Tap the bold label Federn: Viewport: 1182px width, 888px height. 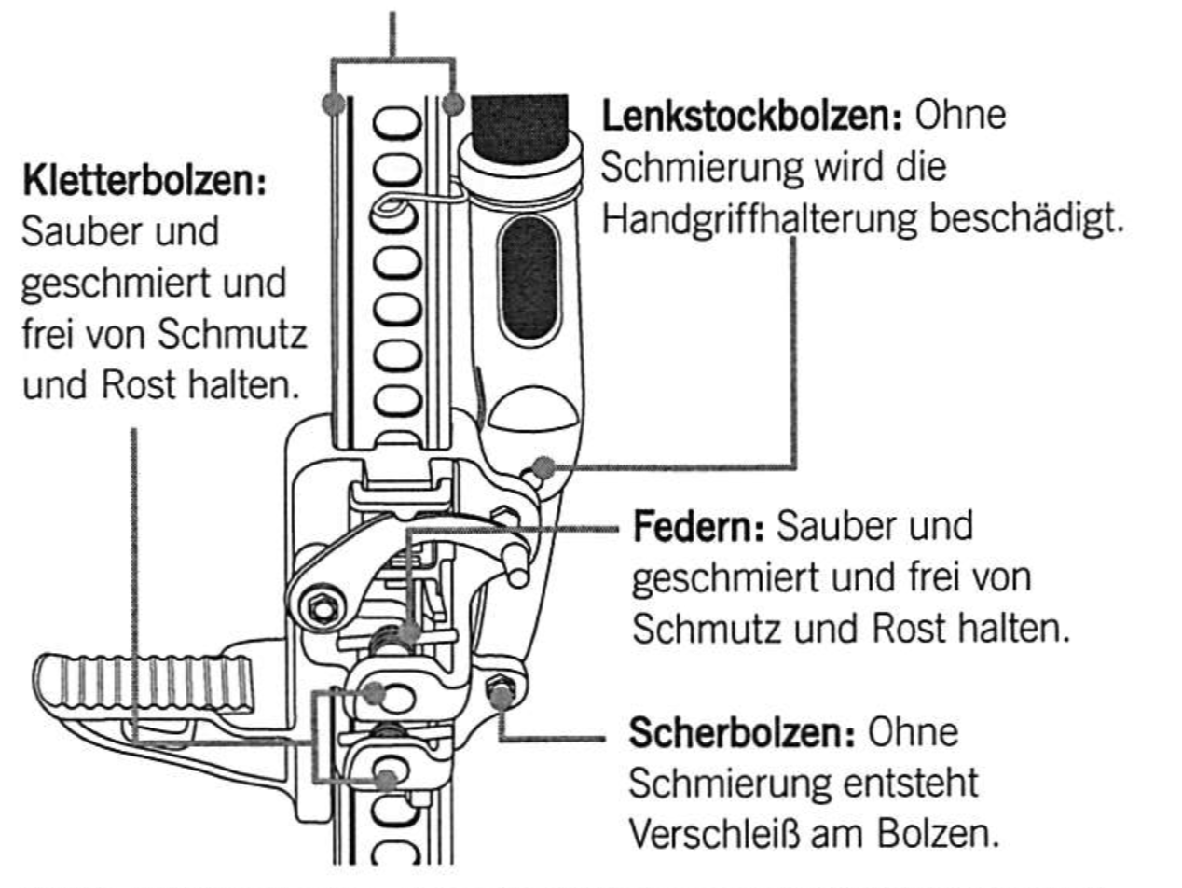[x=698, y=529]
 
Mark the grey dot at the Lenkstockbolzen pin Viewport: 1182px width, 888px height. [x=544, y=467]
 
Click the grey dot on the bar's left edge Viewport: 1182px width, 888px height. [x=333, y=104]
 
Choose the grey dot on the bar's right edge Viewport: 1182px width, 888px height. [x=452, y=104]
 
